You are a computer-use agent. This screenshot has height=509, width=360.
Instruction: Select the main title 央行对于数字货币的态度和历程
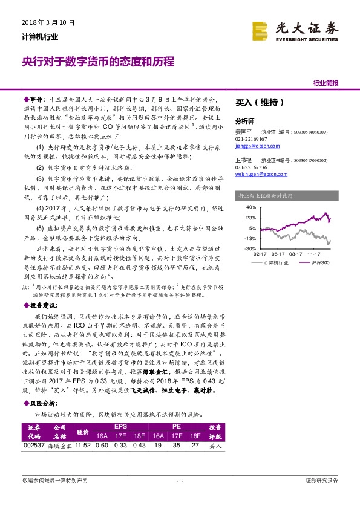click(x=98, y=62)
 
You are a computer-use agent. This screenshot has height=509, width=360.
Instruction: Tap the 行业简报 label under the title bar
click(x=326, y=83)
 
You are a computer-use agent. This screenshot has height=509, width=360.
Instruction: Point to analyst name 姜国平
click(x=243, y=131)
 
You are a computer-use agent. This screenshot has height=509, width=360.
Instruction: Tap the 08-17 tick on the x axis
click(x=296, y=255)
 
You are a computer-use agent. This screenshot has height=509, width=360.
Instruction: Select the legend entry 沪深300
click(x=323, y=263)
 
